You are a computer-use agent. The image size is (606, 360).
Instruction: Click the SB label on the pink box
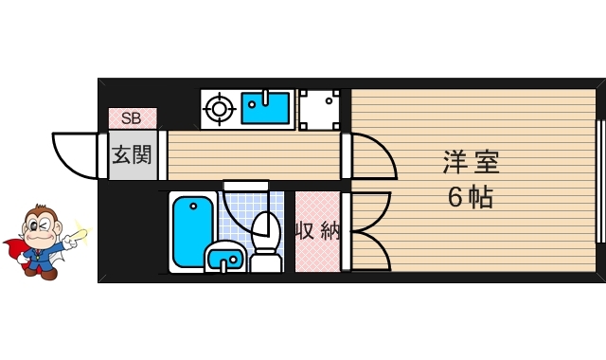[x=132, y=117]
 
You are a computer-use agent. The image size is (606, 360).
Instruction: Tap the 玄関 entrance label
[x=132, y=155]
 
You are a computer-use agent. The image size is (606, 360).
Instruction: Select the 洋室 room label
[x=472, y=162]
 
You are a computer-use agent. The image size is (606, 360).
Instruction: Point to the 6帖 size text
[x=471, y=197]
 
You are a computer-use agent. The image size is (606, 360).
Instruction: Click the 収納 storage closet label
[x=318, y=231]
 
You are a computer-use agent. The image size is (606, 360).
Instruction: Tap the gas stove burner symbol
[x=219, y=109]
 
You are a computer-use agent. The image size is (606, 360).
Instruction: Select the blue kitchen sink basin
[x=265, y=108]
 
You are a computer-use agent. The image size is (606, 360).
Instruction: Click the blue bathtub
[x=193, y=231]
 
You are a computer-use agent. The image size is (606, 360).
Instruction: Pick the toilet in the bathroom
[x=266, y=243]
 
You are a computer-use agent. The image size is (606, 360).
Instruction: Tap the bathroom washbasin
[x=225, y=257]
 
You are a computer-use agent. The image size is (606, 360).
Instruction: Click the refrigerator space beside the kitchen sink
[x=320, y=110]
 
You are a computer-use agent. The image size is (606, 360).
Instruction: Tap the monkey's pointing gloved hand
[x=70, y=242]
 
